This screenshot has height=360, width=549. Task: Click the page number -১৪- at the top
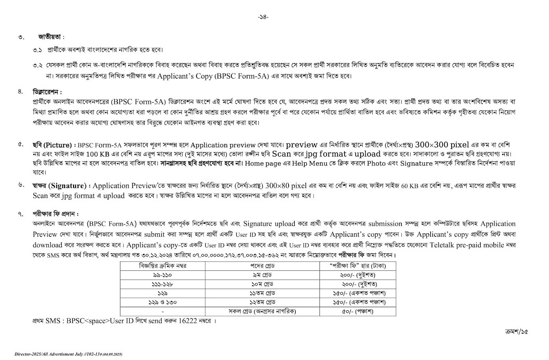pos(263,17)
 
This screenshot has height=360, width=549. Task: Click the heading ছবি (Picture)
pos(52,145)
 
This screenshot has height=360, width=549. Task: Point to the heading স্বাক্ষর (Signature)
pos(59,186)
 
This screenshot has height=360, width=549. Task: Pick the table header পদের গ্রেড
pos(262,266)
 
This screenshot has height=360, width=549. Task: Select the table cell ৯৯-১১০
pos(162,275)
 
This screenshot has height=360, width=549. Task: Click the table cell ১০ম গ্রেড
pos(262,284)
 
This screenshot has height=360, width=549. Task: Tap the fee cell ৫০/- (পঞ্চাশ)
pos(358,311)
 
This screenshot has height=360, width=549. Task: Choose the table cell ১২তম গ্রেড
pos(262,302)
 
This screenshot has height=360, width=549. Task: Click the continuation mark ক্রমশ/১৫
pos(516,332)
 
